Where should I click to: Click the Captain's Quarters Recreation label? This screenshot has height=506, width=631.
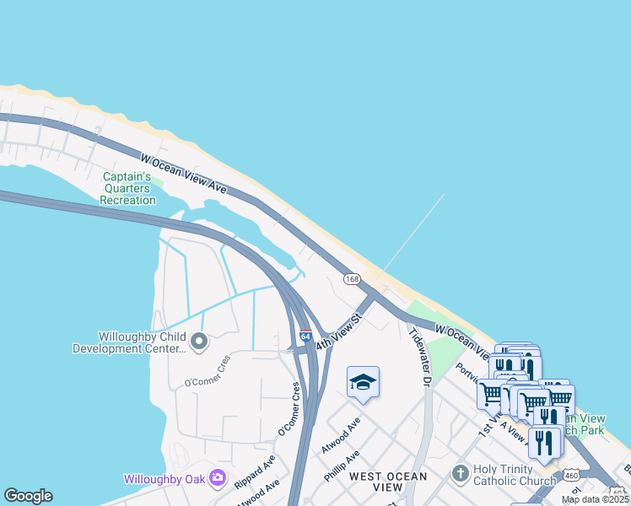(127, 188)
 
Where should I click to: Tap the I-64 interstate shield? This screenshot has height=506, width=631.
(305, 336)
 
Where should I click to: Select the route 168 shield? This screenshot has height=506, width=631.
(352, 278)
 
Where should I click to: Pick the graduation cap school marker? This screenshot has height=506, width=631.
(363, 382)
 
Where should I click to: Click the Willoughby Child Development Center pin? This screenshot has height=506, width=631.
(199, 342)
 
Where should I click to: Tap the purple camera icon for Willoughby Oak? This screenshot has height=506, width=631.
(218, 478)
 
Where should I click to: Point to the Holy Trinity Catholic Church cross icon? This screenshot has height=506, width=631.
(460, 472)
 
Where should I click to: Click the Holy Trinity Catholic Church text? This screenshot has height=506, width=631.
(515, 476)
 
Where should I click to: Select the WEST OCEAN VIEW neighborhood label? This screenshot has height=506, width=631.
(388, 482)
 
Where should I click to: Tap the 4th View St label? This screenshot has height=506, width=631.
(338, 334)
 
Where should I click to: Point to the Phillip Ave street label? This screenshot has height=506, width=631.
(342, 466)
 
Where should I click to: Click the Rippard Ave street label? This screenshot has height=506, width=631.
(255, 473)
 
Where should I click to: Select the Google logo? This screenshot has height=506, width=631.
(28, 496)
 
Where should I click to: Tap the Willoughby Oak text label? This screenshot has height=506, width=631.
(165, 479)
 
